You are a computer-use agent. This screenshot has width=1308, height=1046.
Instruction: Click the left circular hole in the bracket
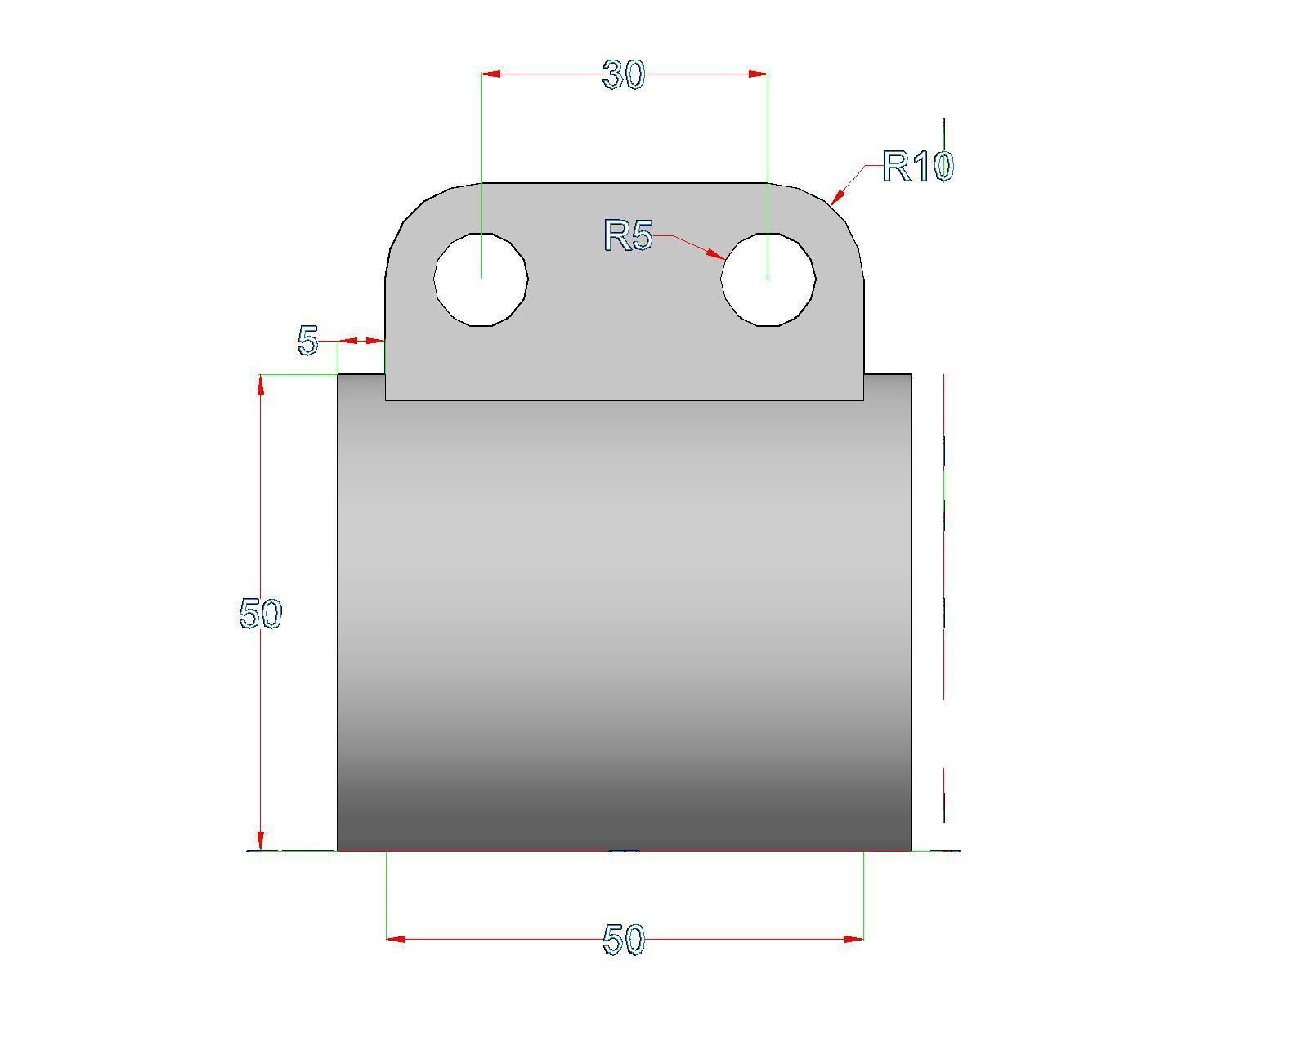pyautogui.click(x=481, y=279)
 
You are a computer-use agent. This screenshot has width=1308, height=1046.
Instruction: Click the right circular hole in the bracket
pyautogui.click(x=768, y=279)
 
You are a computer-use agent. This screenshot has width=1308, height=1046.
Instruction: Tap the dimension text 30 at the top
pyautogui.click(x=624, y=75)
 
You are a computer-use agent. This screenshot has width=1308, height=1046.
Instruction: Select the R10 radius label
pyautogui.click(x=917, y=167)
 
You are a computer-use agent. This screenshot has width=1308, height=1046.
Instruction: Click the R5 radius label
pyautogui.click(x=628, y=236)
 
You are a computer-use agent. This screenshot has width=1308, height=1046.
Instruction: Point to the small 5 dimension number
pyautogui.click(x=307, y=341)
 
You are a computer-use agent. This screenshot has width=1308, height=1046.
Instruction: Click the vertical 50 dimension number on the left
pyautogui.click(x=260, y=614)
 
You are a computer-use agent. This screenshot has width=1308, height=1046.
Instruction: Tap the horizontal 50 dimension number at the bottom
pyautogui.click(x=624, y=940)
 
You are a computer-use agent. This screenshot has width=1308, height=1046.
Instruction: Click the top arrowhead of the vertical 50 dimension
pyautogui.click(x=261, y=386)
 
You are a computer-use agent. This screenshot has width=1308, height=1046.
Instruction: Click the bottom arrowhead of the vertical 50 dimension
pyautogui.click(x=261, y=840)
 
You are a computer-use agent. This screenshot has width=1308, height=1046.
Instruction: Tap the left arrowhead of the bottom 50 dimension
pyautogui.click(x=396, y=939)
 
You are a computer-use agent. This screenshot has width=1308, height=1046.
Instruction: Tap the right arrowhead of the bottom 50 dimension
pyautogui.click(x=853, y=939)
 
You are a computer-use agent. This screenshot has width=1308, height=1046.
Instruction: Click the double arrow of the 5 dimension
pyautogui.click(x=361, y=341)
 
